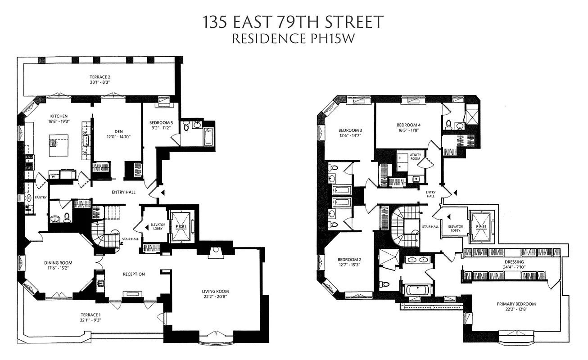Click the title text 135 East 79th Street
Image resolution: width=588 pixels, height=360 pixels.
293,22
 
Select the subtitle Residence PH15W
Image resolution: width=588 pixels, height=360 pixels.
293,39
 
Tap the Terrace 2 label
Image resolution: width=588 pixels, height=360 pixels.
100,77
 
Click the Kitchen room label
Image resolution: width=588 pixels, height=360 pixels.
59,116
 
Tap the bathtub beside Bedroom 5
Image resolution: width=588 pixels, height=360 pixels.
208,136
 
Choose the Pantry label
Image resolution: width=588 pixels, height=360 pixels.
41,197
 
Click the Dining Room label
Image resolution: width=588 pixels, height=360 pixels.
58,263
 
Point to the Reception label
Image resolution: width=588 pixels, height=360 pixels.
134,274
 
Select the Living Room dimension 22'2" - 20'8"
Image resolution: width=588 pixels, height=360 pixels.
215,298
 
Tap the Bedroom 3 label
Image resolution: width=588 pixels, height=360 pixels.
350,131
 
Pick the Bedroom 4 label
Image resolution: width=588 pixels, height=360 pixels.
408,125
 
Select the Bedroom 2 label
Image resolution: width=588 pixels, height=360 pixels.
349,260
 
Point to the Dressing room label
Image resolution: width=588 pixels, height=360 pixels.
515,261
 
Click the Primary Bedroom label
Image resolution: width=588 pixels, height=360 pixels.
516,304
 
